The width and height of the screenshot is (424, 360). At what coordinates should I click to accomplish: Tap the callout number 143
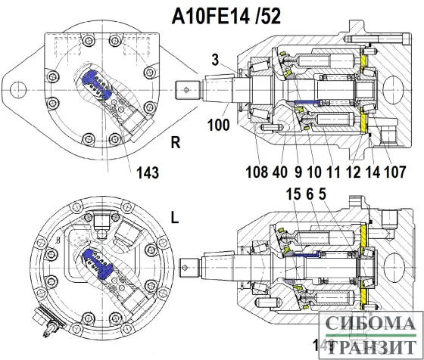click(x=148, y=173)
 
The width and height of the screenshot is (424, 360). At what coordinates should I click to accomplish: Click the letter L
click(x=175, y=217)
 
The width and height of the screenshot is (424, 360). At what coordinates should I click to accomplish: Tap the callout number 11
click(x=333, y=171)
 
